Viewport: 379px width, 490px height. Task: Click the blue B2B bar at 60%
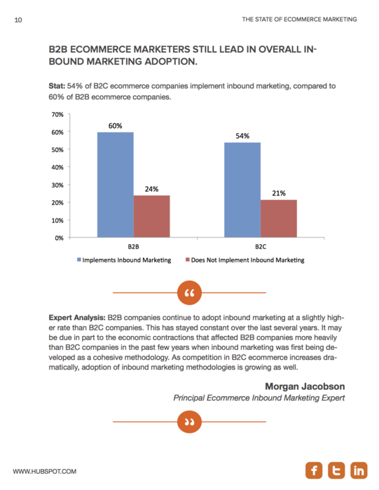coord(116,185)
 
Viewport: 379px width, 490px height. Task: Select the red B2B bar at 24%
coord(151,216)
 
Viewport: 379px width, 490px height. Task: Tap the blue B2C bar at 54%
coord(242,190)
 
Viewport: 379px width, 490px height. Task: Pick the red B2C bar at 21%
coord(279,218)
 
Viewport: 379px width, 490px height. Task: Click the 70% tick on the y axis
coord(57,115)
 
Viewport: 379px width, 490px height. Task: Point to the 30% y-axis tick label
coord(57,185)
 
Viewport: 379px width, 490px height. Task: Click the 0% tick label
coord(59,238)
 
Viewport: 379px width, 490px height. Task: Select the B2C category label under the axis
coord(261,247)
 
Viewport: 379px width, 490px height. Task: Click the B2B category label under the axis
coord(134,247)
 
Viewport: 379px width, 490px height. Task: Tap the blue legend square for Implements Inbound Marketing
coord(79,260)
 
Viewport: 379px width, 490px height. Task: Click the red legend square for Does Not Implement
coord(188,260)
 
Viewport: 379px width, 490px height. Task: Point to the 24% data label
coord(151,189)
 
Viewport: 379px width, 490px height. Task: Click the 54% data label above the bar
coord(242,136)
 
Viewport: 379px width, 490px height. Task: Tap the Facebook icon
coord(314,470)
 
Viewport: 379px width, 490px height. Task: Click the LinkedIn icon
coord(359,470)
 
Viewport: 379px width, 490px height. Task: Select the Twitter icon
coord(336,470)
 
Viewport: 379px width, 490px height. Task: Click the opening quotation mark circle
coord(189,293)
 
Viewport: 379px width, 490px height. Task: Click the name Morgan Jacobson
coord(305,386)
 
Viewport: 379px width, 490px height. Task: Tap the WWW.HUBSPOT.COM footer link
coord(45,472)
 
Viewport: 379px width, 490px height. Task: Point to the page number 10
coord(18,20)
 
